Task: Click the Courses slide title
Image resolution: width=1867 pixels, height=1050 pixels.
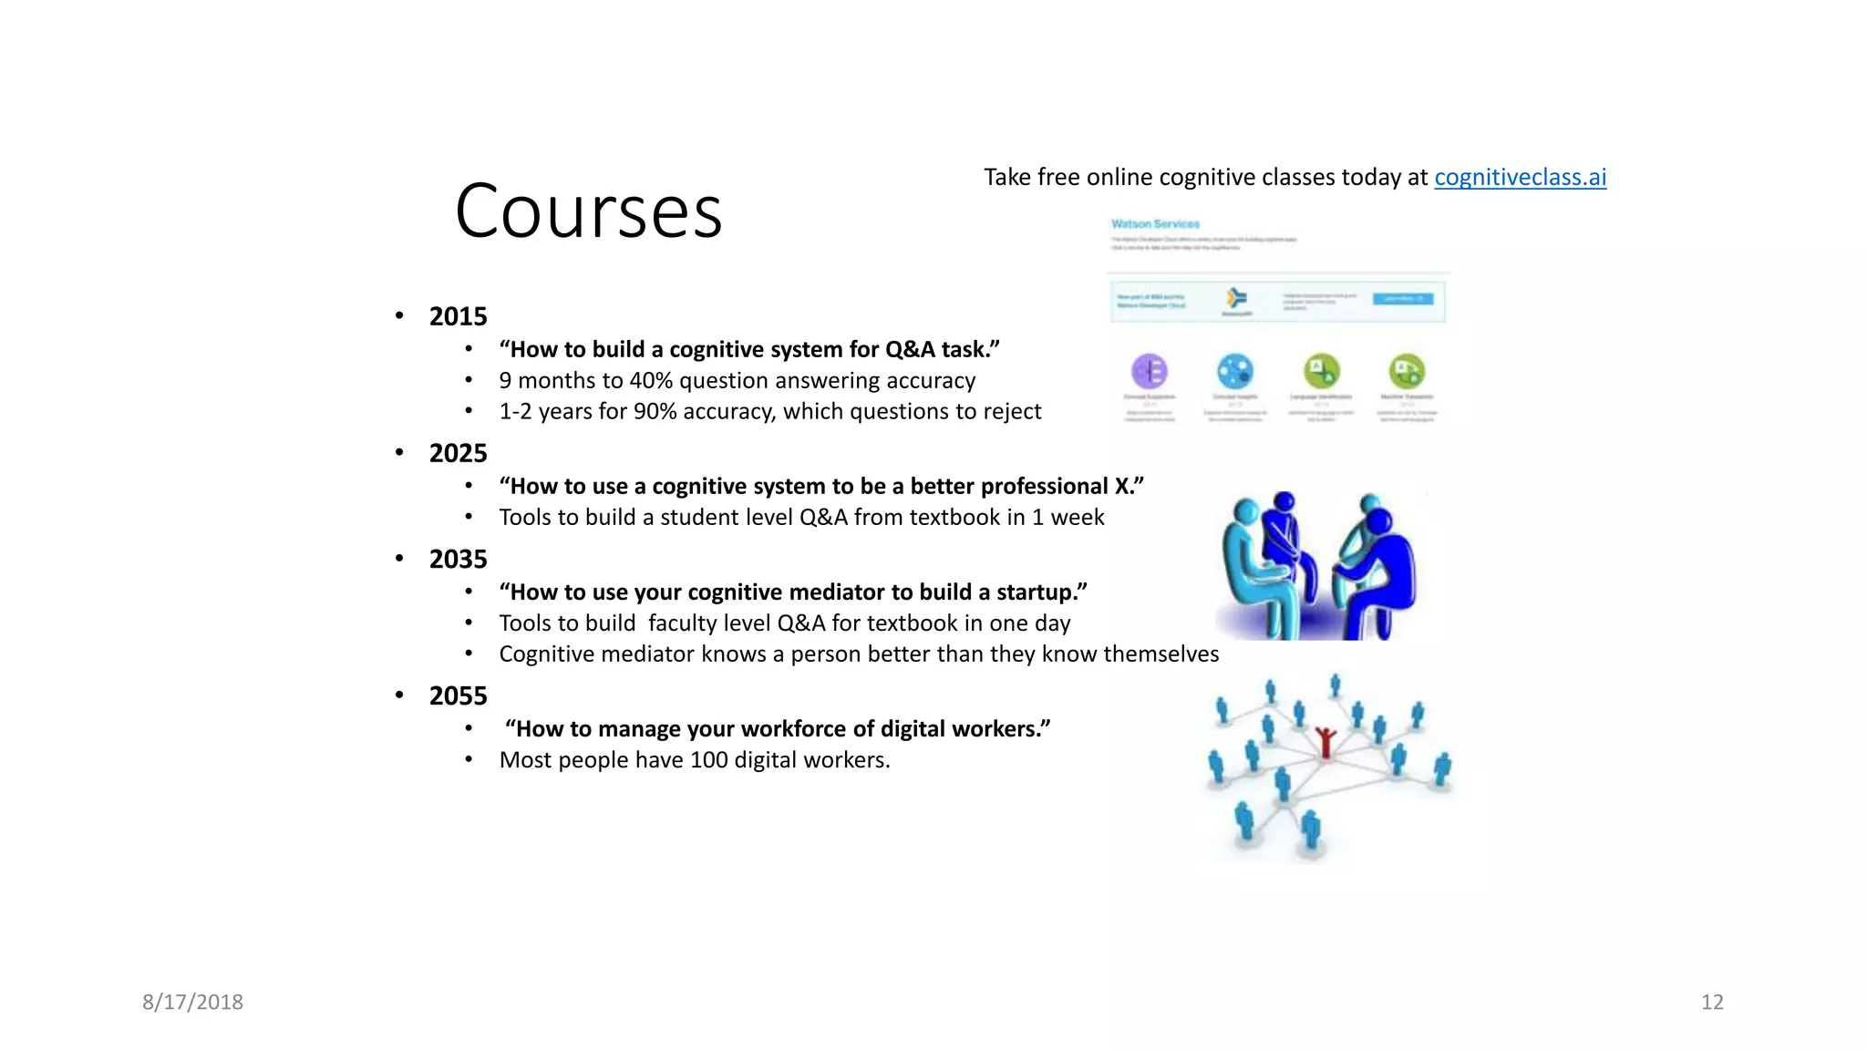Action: click(588, 211)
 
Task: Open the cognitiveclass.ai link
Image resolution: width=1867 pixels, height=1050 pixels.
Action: click(1520, 177)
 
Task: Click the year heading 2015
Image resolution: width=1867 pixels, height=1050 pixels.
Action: click(458, 316)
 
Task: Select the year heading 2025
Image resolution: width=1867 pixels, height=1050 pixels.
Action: click(458, 453)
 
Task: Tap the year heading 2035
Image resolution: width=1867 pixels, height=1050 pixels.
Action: click(458, 559)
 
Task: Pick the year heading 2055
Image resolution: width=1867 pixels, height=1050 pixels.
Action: click(458, 695)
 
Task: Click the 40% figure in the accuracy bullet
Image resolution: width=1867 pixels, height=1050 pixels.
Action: click(650, 380)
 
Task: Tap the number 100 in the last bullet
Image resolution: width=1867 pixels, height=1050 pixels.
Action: click(708, 759)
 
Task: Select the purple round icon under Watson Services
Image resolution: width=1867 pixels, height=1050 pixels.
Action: click(1150, 371)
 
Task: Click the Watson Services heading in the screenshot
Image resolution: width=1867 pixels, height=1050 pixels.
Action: click(1155, 224)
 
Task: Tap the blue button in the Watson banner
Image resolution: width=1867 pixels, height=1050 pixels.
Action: click(1402, 299)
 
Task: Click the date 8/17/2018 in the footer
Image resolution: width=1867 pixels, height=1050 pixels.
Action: click(192, 1002)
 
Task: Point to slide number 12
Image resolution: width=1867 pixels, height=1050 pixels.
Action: click(1711, 1002)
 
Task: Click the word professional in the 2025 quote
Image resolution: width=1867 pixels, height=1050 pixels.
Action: click(1044, 486)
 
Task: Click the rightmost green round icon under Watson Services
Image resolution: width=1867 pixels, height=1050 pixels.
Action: click(1407, 371)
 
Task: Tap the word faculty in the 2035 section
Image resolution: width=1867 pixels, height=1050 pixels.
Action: click(686, 623)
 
